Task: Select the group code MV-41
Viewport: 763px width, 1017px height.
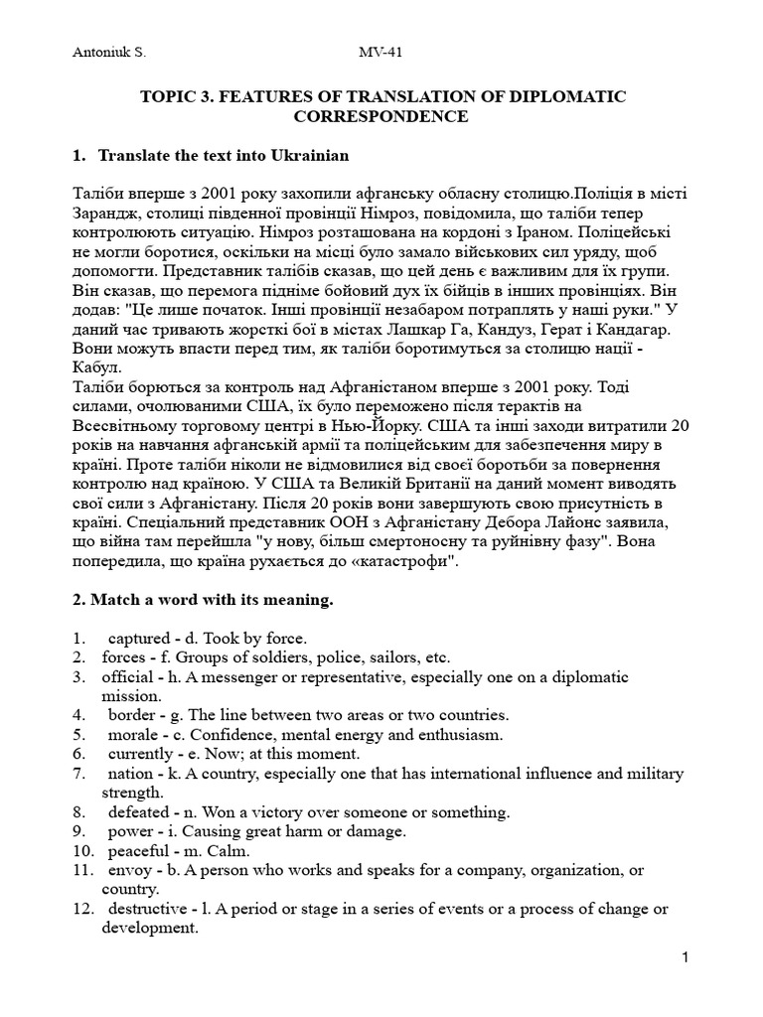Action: click(381, 53)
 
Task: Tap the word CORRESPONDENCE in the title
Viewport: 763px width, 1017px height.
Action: click(381, 116)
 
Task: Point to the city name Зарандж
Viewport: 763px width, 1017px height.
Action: click(109, 211)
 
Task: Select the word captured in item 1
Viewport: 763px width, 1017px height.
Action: click(138, 638)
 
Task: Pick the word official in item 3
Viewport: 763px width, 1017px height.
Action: click(127, 677)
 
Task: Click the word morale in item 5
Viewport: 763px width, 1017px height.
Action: click(133, 735)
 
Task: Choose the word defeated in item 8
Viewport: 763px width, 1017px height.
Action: click(140, 811)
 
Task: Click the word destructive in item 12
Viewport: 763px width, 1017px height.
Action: click(150, 909)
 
